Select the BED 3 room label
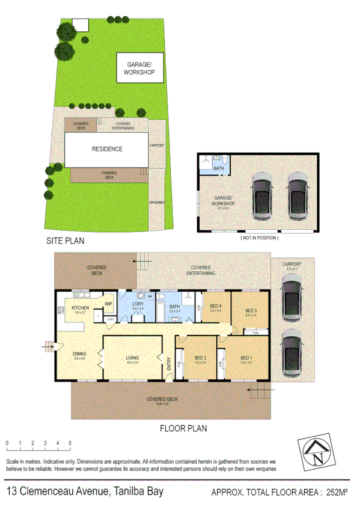pos(251,311)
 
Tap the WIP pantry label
pos(108,303)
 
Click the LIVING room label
pos(132,359)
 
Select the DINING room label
pos(79,354)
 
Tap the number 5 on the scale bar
pos(70,443)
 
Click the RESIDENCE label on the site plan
pos(108,149)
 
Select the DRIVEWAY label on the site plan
pos(157,203)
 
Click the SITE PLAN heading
pos(66,241)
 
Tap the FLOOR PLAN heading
pos(183,429)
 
